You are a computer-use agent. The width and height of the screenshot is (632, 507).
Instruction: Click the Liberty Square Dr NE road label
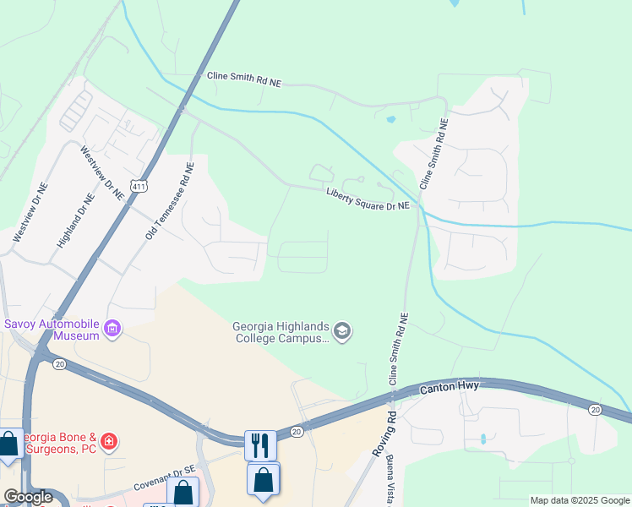(368, 199)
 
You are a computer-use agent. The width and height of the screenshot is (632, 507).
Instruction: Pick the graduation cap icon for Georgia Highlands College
(341, 330)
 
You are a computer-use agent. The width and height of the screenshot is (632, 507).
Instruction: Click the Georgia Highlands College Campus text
(281, 332)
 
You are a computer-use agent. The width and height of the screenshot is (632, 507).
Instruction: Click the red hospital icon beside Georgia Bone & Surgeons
(108, 441)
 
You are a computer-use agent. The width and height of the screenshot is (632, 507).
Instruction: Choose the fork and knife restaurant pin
(260, 444)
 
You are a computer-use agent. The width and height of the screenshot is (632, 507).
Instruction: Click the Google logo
(28, 497)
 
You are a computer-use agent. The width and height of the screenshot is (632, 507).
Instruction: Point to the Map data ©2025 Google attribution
(580, 500)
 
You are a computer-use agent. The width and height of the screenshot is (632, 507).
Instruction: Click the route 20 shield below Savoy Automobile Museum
(59, 363)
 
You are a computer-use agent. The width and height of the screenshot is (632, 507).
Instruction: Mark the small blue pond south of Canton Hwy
(482, 439)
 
